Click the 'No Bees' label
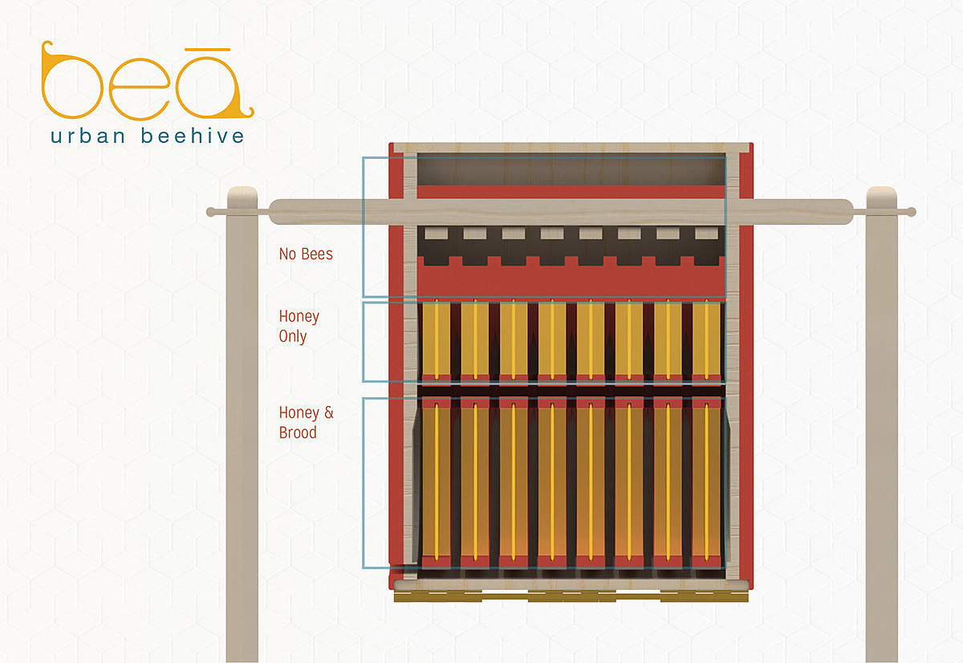click(306, 254)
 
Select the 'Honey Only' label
click(299, 326)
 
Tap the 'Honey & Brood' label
click(306, 422)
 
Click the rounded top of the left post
click(242, 194)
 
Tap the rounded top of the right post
click(881, 194)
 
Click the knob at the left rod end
click(211, 212)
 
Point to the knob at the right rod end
click(910, 213)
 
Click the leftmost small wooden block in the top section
click(436, 234)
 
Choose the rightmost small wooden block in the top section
click(706, 234)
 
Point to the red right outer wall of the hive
click(744, 361)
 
